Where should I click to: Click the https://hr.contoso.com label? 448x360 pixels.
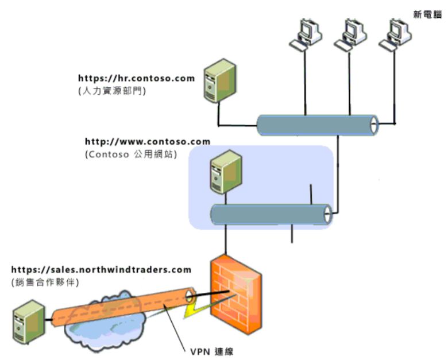pos(136,78)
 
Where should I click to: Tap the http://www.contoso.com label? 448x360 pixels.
pos(147,141)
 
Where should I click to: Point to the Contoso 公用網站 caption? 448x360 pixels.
pos(130,154)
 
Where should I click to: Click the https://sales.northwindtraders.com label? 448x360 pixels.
pos(101,269)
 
